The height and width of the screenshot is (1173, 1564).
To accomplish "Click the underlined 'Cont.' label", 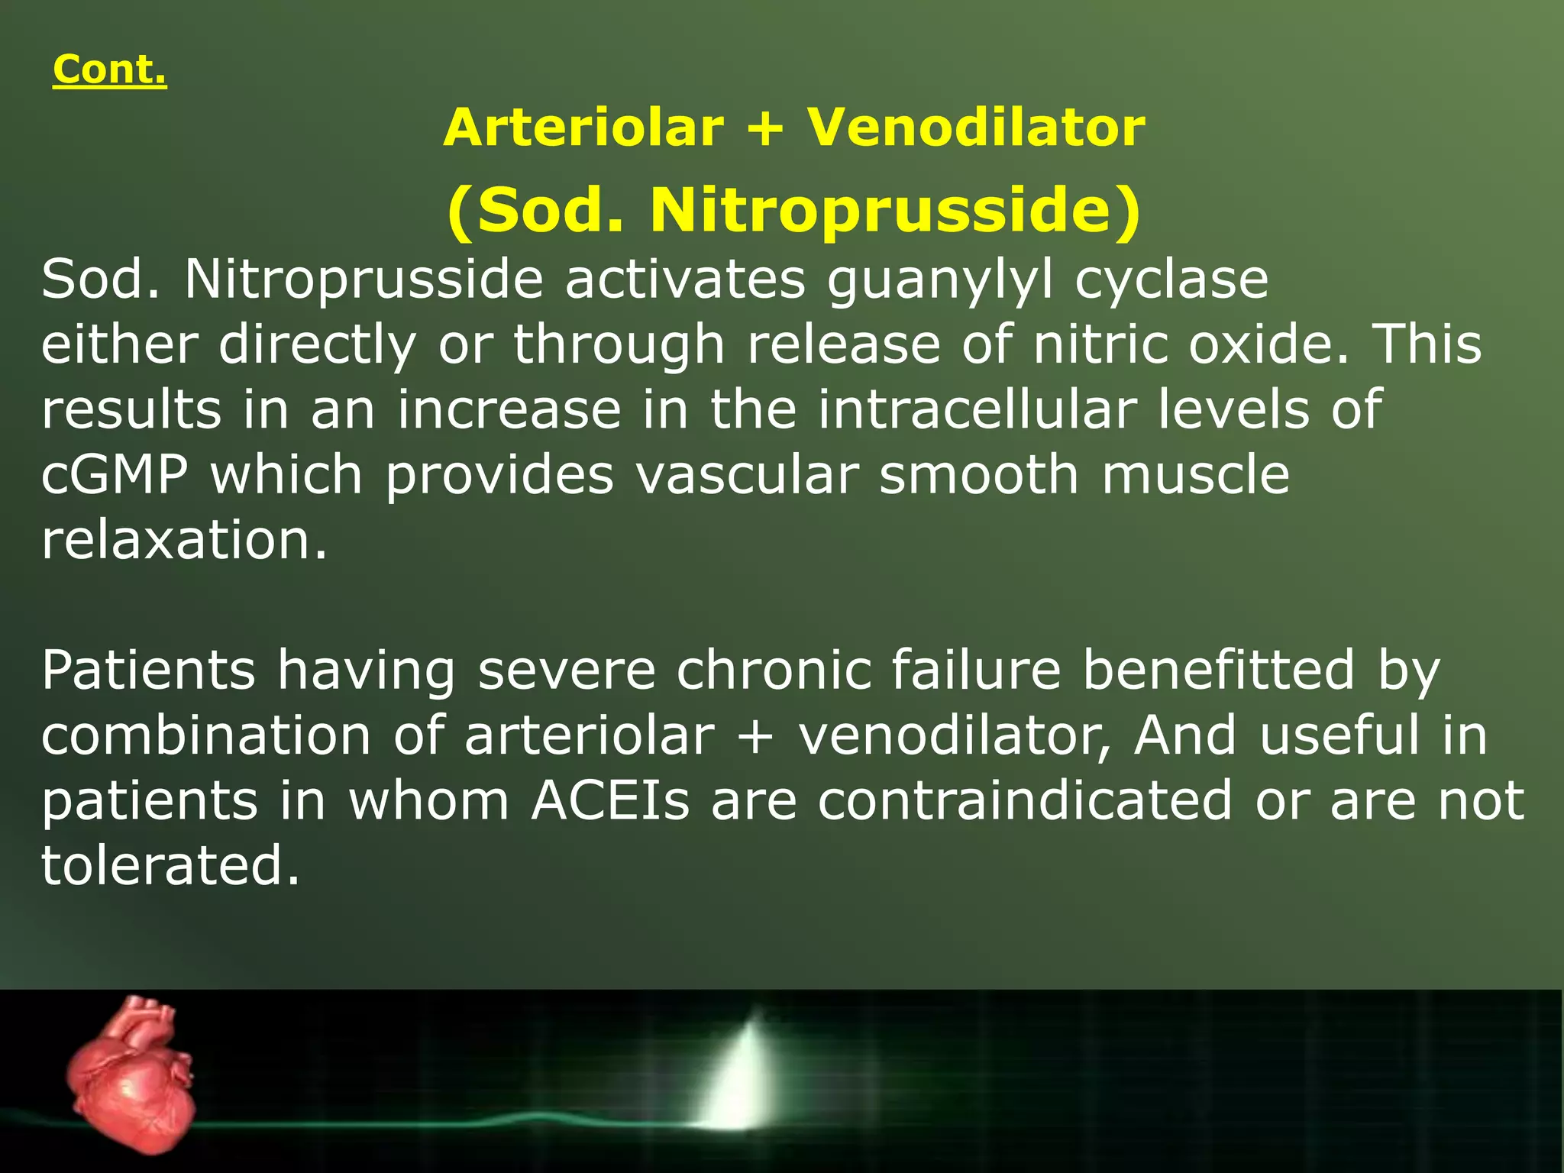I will [x=109, y=70].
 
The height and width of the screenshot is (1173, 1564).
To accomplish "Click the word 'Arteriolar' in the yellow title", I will [x=583, y=128].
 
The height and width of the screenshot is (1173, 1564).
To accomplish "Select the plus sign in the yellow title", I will [x=765, y=128].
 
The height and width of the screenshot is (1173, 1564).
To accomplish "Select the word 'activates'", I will [x=684, y=280].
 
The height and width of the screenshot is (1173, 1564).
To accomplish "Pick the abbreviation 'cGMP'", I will [x=115, y=475].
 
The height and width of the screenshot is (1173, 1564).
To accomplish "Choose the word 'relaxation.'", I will [x=184, y=540].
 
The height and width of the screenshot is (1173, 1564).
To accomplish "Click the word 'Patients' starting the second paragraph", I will [x=148, y=671].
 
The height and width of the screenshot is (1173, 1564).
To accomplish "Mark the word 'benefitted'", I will [x=1219, y=670].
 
